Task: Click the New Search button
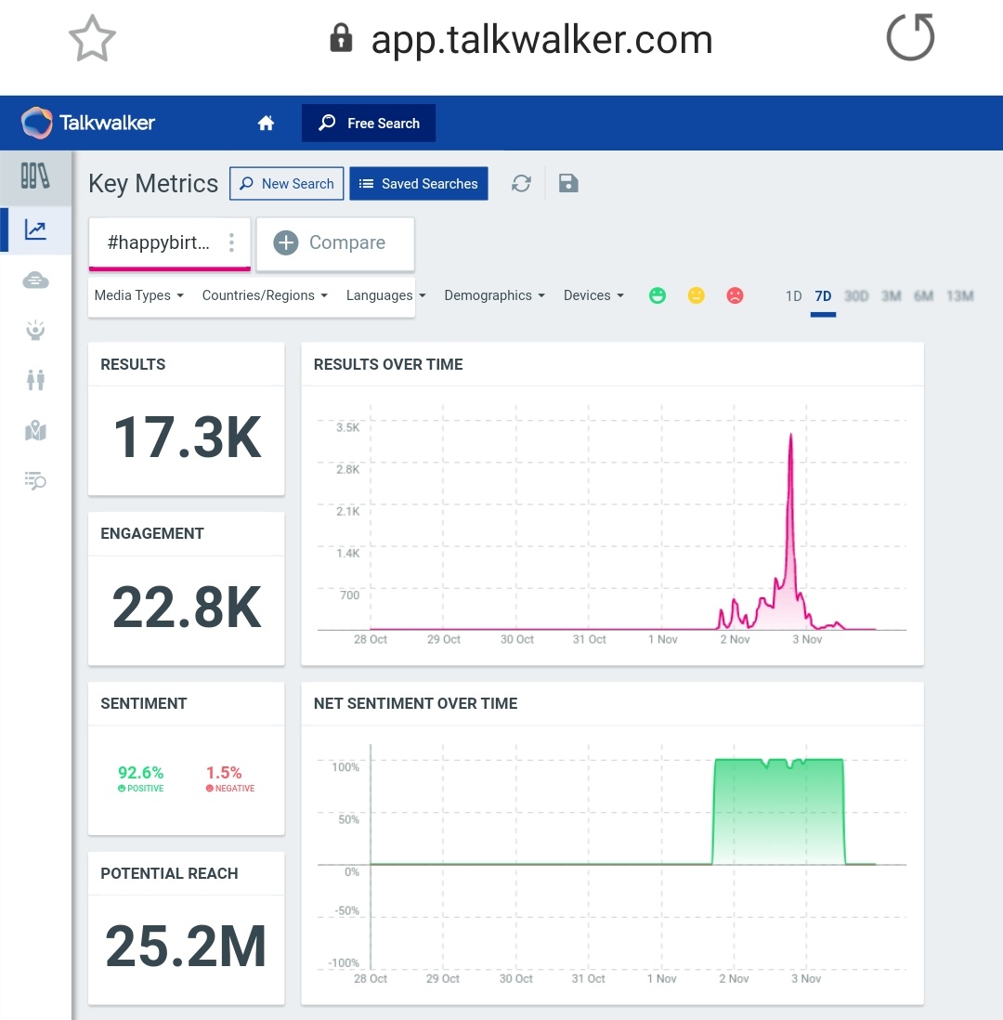(287, 184)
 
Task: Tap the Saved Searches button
(418, 184)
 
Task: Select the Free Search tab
(369, 124)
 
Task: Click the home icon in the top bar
(267, 124)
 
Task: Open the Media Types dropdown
(139, 295)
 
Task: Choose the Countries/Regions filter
(265, 295)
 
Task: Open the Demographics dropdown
(494, 295)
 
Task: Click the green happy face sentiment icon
(658, 295)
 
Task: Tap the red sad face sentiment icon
(735, 295)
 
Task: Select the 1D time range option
(793, 296)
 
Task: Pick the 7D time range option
(823, 296)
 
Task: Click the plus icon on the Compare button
(286, 242)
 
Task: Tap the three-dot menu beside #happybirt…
(231, 242)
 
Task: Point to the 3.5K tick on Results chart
(347, 427)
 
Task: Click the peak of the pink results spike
(790, 435)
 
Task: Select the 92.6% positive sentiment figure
(141, 773)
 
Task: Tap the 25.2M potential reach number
(187, 947)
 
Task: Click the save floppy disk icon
(568, 184)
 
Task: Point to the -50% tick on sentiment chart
(345, 910)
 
